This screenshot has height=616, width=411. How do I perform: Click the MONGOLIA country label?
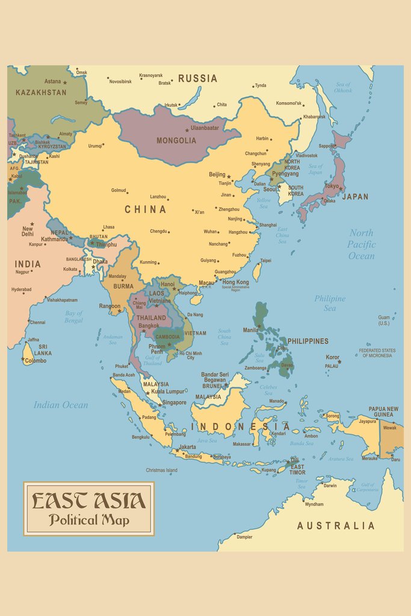176,140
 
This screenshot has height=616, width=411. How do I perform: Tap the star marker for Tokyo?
341,189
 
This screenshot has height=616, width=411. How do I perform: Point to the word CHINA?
146,209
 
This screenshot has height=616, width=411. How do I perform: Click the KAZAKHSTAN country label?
41,93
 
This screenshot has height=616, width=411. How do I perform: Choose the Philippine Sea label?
330,303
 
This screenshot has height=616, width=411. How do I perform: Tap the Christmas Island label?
161,470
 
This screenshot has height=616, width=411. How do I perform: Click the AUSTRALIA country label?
336,526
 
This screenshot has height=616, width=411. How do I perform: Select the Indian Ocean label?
61,405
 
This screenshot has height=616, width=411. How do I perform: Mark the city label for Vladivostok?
306,155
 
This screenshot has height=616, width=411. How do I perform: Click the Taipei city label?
265,260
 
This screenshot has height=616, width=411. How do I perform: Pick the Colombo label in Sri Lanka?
36,361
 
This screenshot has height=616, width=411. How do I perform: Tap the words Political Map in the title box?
89,520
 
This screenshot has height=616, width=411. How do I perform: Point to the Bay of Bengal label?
74,316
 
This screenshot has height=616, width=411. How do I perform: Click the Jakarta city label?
188,447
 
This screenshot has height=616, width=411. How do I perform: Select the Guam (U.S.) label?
384,320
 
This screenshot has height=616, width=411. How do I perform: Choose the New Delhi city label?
28,231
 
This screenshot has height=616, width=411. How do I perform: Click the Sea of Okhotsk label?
343,87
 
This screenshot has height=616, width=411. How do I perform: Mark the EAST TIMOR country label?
297,470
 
